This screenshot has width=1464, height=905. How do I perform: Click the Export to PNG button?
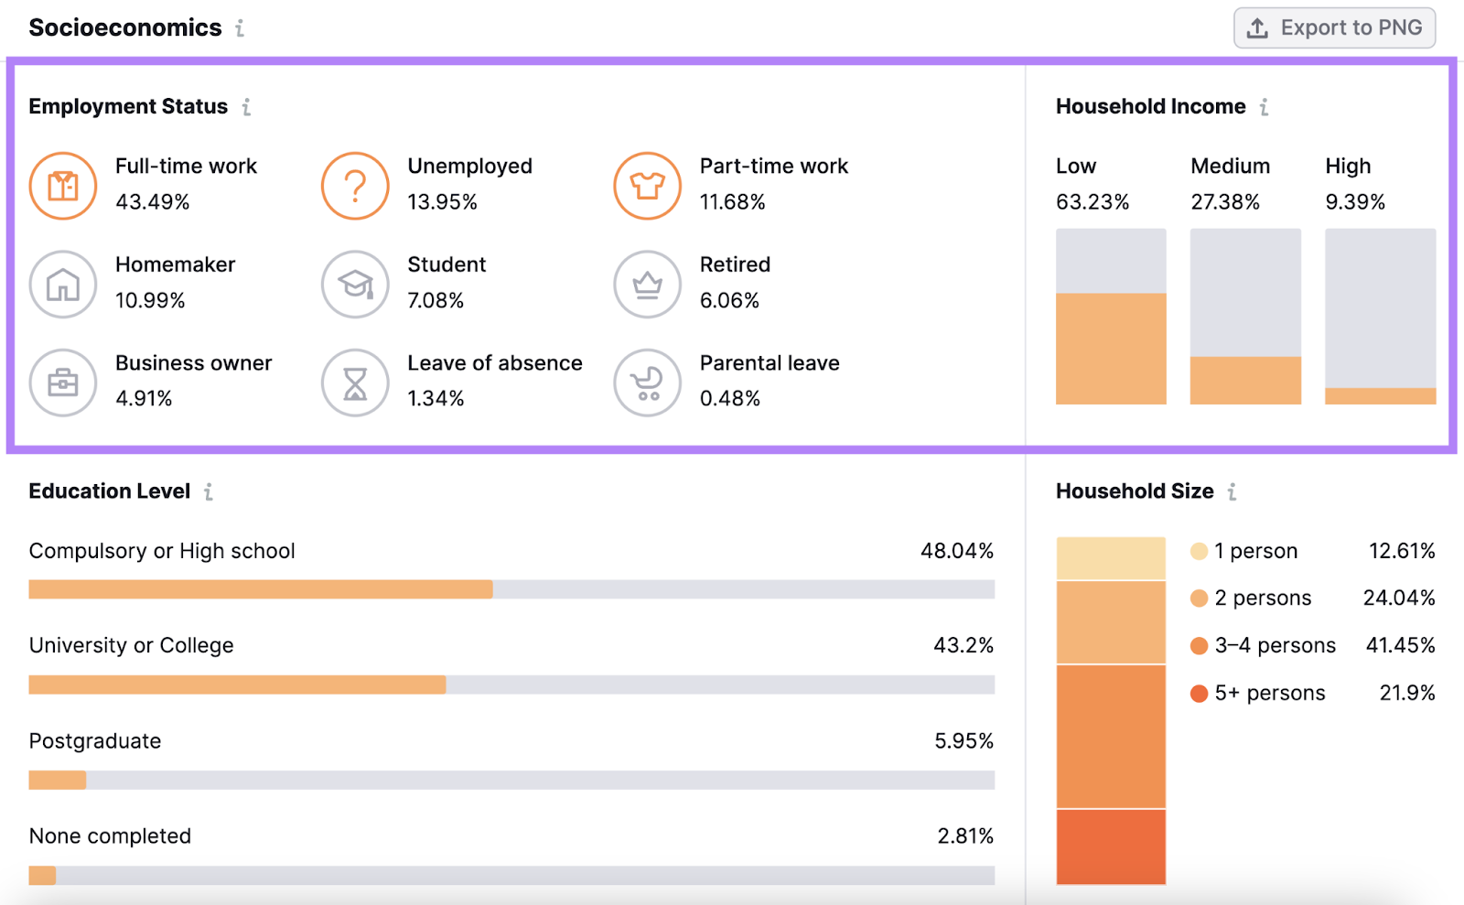click(x=1334, y=27)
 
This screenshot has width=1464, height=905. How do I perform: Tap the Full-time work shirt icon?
click(x=63, y=186)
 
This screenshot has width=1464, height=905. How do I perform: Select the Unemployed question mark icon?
click(x=355, y=186)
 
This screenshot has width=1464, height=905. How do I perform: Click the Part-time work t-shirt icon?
click(x=647, y=186)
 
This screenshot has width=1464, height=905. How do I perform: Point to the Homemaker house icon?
click(x=63, y=285)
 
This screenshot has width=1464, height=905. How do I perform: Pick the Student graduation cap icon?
click(x=355, y=285)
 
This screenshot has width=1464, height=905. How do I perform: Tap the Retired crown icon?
click(x=647, y=285)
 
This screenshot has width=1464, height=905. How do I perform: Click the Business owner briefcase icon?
click(x=63, y=382)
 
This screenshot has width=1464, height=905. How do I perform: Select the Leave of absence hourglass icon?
click(x=355, y=382)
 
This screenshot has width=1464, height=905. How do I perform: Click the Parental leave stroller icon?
click(x=647, y=382)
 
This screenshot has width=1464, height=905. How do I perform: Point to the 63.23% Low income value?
click(x=1093, y=202)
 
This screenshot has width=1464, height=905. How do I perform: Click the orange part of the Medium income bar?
click(x=1245, y=380)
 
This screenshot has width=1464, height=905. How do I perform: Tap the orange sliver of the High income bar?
click(x=1380, y=396)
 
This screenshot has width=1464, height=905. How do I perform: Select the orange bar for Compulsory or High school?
click(x=261, y=589)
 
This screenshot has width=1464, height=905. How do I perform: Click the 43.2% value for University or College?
click(x=963, y=645)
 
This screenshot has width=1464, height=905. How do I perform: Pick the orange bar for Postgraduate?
click(x=57, y=780)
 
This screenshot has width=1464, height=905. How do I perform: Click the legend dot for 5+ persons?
click(x=1199, y=694)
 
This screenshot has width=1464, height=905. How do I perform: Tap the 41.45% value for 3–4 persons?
click(x=1400, y=645)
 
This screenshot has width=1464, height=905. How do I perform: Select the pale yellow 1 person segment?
click(x=1111, y=558)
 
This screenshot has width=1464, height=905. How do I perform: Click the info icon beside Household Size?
click(x=1233, y=491)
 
